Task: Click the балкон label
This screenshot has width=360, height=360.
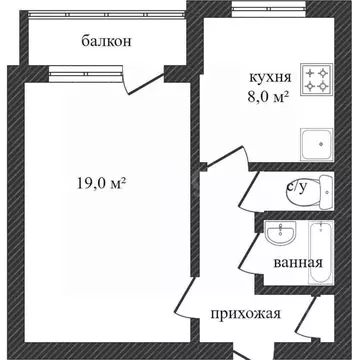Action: [x=106, y=42]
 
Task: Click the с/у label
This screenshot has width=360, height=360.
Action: [x=298, y=187]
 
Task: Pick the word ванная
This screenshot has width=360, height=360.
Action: [x=297, y=263]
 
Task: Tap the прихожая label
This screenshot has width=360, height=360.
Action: [x=245, y=313]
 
